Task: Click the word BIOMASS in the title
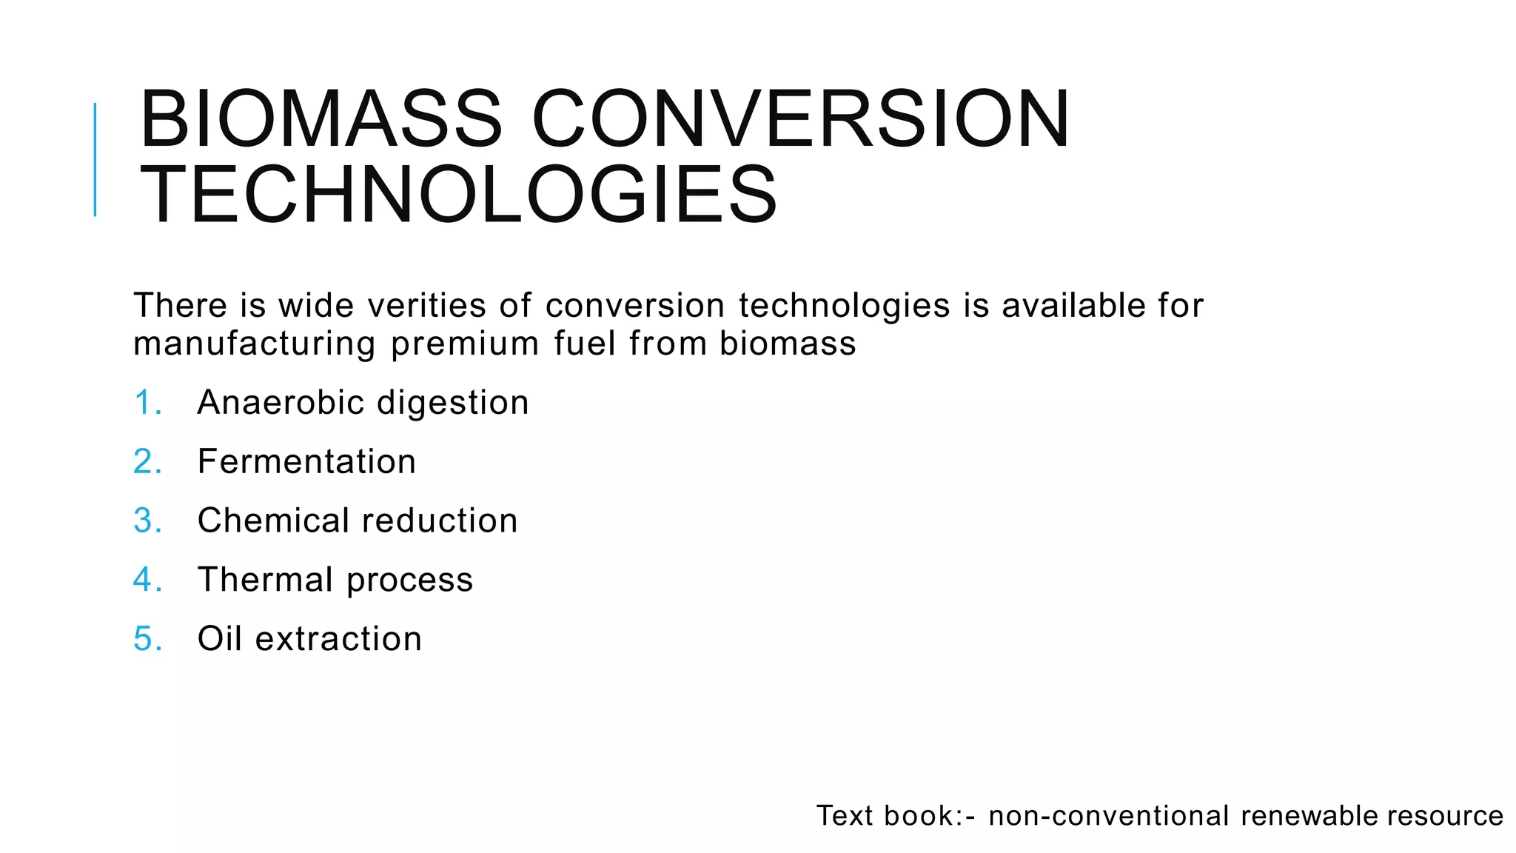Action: click(x=321, y=119)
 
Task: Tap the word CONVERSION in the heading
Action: click(x=800, y=119)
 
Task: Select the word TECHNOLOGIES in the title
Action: click(x=458, y=195)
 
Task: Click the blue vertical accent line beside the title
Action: click(x=95, y=159)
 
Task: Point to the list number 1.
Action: click(x=147, y=403)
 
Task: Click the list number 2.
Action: click(x=147, y=462)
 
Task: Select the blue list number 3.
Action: click(x=147, y=521)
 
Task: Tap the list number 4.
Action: click(x=147, y=580)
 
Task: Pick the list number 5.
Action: click(x=147, y=639)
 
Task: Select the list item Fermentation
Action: click(x=306, y=462)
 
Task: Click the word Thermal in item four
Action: click(x=265, y=580)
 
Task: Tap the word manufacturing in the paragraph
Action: click(x=254, y=344)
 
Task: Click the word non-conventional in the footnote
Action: click(x=1108, y=816)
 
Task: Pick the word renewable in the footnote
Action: click(x=1309, y=816)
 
